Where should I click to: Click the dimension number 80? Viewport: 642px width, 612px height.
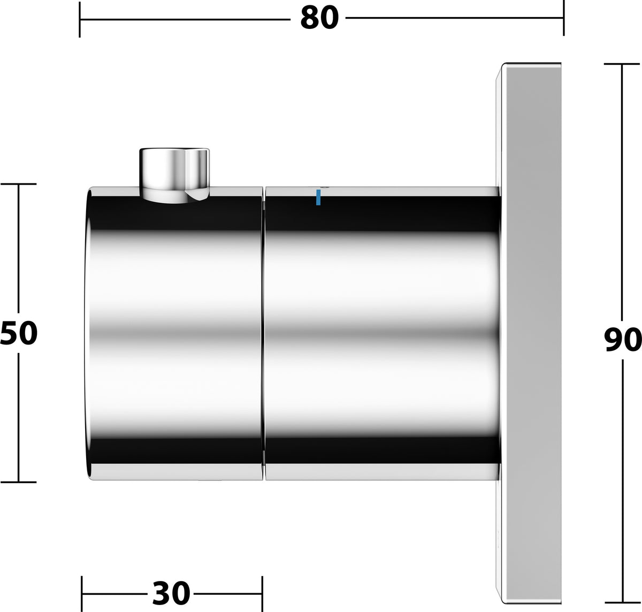[319, 18]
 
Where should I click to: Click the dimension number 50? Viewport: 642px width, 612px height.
[19, 333]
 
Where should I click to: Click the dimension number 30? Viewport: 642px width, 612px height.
[171, 593]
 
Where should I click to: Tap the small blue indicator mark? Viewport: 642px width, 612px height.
[318, 197]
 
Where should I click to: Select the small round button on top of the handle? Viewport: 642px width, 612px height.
[174, 175]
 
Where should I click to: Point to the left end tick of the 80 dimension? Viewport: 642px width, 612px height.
[80, 20]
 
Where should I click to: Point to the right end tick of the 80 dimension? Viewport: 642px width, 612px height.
[564, 18]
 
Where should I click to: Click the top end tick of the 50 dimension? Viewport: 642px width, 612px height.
[18, 184]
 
